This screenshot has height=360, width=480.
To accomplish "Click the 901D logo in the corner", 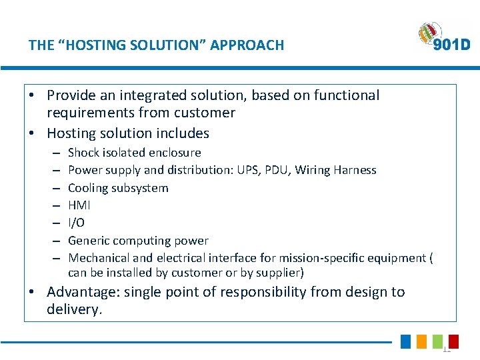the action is (444, 37).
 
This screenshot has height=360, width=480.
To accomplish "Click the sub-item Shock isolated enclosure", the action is (134, 153).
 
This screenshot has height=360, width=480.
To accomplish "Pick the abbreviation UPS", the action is (273, 170).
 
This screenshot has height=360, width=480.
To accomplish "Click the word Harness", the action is (355, 170).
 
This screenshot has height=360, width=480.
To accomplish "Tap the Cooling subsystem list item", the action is (118, 188).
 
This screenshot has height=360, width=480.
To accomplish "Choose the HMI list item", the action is (79, 205).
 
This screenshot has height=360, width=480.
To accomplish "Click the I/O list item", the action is (77, 223).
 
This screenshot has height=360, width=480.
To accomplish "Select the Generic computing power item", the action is (138, 241).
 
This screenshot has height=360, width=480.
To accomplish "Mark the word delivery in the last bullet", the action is (74, 309).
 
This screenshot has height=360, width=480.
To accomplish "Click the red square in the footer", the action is (453, 341).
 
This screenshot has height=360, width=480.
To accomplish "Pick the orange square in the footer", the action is (421, 341).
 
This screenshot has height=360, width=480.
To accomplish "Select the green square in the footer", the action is (437, 341).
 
